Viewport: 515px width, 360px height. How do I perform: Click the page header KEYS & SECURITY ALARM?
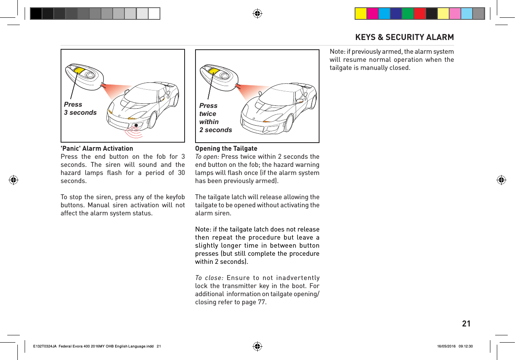(404, 37)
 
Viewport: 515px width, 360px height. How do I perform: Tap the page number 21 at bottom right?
(466, 324)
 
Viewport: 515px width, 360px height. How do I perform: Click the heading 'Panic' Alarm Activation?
(97, 148)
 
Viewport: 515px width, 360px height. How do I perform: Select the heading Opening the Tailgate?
(226, 148)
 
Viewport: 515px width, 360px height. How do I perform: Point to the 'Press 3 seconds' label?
(80, 108)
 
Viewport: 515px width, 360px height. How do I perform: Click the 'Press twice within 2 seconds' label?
(215, 118)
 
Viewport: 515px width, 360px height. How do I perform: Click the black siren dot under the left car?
(137, 125)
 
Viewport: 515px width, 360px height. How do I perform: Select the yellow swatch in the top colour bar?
(361, 14)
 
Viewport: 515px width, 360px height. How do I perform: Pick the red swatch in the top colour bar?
(419, 14)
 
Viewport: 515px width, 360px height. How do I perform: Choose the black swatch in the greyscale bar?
(36, 14)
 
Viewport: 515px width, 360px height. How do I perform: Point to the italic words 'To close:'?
(208, 278)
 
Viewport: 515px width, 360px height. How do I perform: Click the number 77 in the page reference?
(262, 302)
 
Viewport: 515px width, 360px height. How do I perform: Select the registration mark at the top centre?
(257, 14)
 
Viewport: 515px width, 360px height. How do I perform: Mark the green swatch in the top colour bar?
(408, 14)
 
